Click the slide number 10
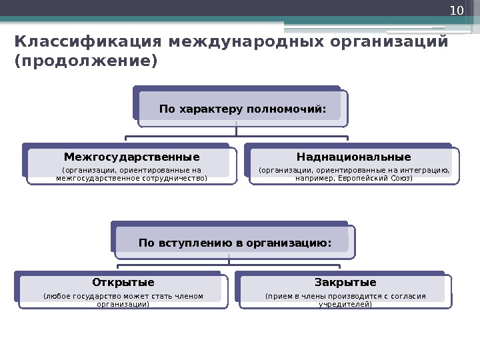pyautogui.click(x=456, y=11)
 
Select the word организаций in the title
pyautogui.click(x=387, y=42)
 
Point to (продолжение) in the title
pyautogui.click(x=86, y=62)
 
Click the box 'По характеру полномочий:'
pyautogui.click(x=243, y=108)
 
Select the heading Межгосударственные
pyautogui.click(x=131, y=157)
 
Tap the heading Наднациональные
pyautogui.click(x=354, y=157)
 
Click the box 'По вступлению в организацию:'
pyautogui.click(x=235, y=243)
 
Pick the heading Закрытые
pyautogui.click(x=345, y=281)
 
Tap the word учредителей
pyautogui.click(x=345, y=304)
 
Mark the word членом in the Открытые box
pyautogui.click(x=190, y=296)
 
